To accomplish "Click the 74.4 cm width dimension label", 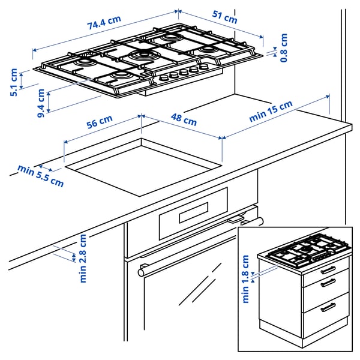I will coord(104,23).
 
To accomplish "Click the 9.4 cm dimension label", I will coord(41,103).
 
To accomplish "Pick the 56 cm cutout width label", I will coord(100,122).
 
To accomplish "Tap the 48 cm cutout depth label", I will coord(184,120).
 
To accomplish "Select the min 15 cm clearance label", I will coord(271,112).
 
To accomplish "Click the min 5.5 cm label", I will coord(40,176).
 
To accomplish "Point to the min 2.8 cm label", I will coord(83,258).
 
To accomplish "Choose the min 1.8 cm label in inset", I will coord(245,279).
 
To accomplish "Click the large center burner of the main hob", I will coord(143,56).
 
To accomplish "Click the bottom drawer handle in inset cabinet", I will coord(328,307).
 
